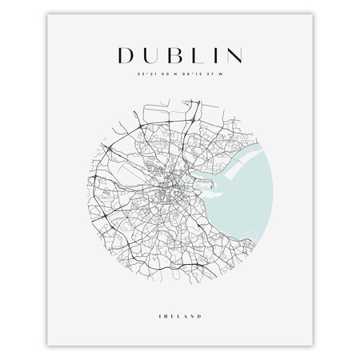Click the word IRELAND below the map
tap(180, 295)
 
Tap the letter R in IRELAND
tap(167, 295)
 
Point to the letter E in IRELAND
tap(173, 295)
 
